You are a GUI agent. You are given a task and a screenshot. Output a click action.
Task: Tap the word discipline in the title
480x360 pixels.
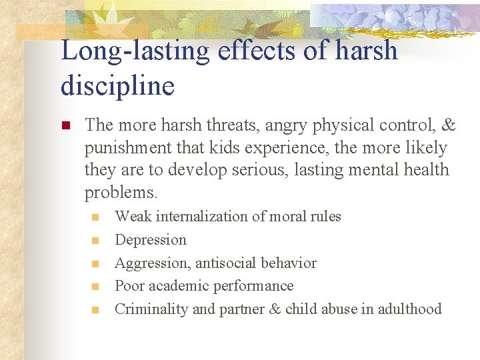[117, 85]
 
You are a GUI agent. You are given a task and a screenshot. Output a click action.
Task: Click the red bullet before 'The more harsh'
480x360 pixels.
[65, 125]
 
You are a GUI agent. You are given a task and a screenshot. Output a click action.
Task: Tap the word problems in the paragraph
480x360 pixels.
[119, 193]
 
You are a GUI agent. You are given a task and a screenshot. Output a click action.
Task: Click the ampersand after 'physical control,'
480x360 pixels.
[449, 125]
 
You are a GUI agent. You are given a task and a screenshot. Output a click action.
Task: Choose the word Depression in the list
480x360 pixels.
[151, 239]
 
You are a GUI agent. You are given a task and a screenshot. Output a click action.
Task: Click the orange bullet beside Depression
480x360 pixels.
[95, 240]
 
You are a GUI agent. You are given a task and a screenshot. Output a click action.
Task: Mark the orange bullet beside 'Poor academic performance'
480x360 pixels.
[95, 286]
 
